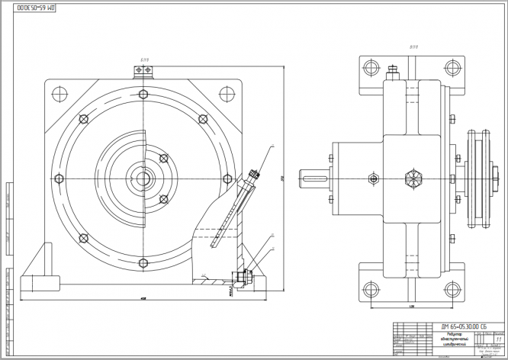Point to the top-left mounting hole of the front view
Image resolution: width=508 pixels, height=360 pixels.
[56, 94]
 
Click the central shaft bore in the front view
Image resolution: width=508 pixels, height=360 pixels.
[143, 181]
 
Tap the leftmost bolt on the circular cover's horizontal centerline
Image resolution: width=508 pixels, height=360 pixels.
[58, 178]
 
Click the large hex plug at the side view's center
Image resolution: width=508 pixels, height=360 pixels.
[413, 180]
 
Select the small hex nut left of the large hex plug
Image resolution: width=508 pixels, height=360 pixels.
[372, 180]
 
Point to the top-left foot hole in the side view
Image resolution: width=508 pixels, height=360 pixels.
[372, 66]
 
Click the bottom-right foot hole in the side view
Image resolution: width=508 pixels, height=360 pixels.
[449, 290]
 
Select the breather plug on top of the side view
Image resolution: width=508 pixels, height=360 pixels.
[391, 73]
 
